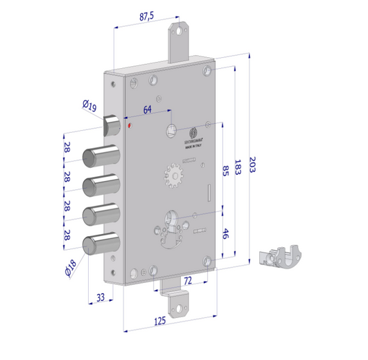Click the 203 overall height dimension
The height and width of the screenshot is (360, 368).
252,165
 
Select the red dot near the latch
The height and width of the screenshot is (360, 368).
130,126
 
